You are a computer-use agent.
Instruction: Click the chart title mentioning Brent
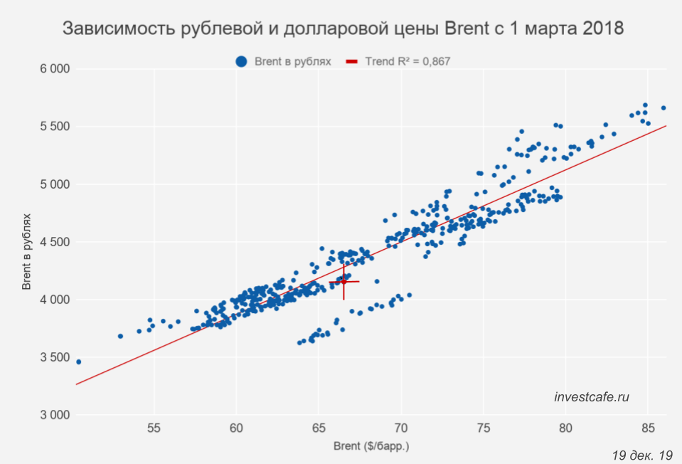(343, 29)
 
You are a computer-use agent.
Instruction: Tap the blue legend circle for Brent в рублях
(242, 62)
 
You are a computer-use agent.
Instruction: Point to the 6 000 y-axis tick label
(53, 69)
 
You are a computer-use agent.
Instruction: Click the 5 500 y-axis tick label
(53, 127)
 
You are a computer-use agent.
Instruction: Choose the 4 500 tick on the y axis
(53, 242)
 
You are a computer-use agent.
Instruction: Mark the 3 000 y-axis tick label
(53, 415)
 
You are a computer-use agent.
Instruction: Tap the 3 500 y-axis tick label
(53, 357)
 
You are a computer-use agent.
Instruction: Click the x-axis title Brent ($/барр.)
(371, 447)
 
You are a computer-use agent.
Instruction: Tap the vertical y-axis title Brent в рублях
(27, 251)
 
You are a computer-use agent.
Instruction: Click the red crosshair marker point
(344, 282)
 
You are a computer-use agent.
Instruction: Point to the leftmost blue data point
(78, 362)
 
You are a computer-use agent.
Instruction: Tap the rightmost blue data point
(664, 108)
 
